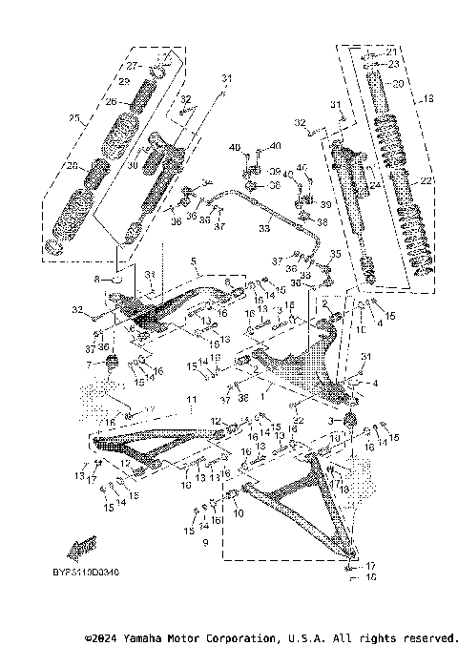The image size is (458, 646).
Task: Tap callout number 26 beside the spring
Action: point(111,102)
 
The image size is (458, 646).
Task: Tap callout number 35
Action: point(335,255)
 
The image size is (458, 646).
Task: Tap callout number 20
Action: point(399,84)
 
